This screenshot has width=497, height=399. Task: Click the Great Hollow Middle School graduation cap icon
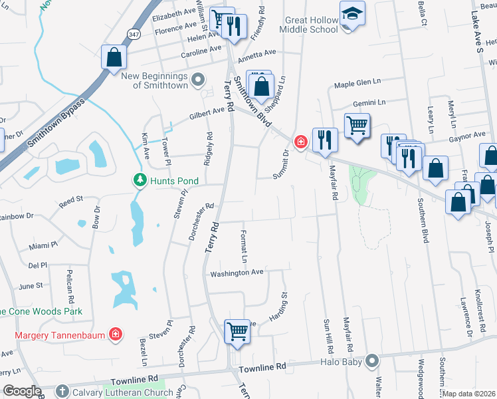coord(351,13)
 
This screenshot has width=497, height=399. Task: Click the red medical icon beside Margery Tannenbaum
coord(116,334)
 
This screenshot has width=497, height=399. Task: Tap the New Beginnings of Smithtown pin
coord(197,80)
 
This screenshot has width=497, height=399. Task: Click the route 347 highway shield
coord(134,34)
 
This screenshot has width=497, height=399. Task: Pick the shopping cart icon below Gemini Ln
coord(357,125)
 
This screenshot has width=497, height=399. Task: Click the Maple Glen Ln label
coord(357,83)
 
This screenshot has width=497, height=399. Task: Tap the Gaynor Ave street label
coord(466,135)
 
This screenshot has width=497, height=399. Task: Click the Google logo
coord(22,391)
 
